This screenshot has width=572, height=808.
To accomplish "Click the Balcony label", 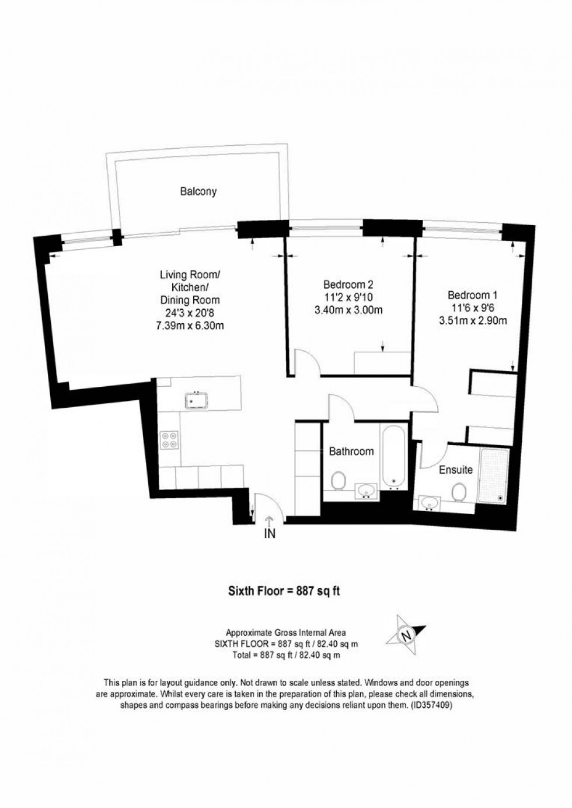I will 198,191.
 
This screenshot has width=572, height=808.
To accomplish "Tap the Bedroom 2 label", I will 348,285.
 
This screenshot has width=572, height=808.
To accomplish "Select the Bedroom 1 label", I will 472,295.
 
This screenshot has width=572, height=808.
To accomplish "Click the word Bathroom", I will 351,451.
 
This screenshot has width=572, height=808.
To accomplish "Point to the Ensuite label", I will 456,470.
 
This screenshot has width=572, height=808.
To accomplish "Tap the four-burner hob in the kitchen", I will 169,439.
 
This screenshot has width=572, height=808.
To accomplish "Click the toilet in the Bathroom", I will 337,481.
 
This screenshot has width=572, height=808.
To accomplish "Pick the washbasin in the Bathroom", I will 367,489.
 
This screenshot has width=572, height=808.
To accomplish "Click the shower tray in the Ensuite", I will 493,476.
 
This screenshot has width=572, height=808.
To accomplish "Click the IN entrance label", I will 269,533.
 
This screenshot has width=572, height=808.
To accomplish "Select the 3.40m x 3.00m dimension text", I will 348,310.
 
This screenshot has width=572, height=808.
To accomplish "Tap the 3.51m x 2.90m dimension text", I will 472,320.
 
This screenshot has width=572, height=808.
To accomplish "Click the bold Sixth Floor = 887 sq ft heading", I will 284,591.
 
